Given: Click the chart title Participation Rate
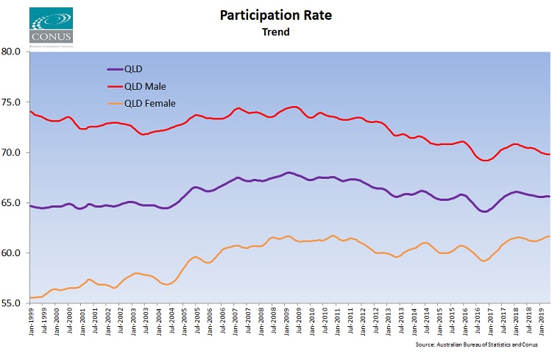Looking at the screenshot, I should click(275, 15).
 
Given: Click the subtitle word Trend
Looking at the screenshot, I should click(275, 32).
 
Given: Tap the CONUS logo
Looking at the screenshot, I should click(51, 27).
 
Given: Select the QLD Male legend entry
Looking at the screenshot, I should click(146, 86).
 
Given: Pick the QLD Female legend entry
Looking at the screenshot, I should click(150, 103).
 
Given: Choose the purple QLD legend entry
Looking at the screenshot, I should click(132, 69).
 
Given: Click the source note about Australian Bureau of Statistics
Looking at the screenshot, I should click(480, 344).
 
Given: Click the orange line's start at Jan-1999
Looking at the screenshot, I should click(31, 297).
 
